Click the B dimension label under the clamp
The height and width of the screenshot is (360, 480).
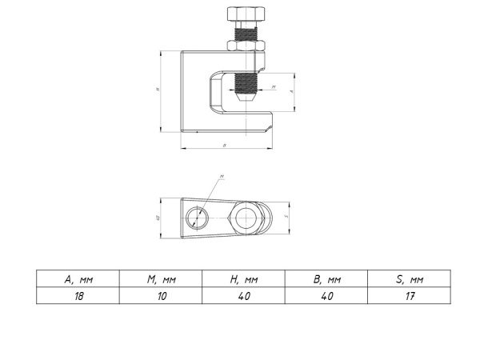[223, 146]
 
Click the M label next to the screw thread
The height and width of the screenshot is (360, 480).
[273, 86]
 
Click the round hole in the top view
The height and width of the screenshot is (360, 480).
[196, 217]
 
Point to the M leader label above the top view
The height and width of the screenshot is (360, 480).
[220, 177]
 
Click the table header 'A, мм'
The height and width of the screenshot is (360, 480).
[78, 279]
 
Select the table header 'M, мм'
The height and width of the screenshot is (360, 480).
[161, 279]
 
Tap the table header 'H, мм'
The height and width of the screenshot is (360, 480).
[243, 279]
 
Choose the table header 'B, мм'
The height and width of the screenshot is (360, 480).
[326, 279]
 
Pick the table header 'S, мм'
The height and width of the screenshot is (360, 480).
[409, 279]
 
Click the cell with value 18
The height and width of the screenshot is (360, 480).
[78, 295]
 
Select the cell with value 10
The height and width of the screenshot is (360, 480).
[161, 295]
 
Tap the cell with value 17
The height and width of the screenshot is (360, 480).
[409, 295]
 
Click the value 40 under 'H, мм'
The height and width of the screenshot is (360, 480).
[243, 295]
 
